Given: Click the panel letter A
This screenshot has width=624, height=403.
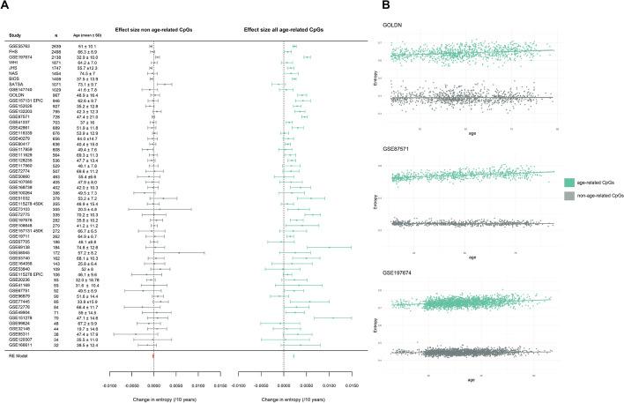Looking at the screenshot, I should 6,7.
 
